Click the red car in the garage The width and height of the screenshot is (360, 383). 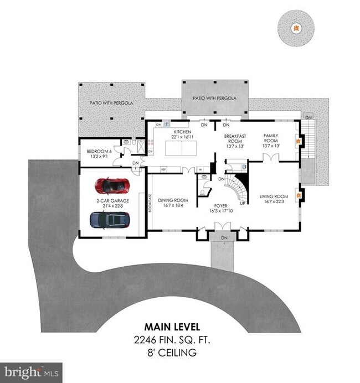click(x=112, y=185)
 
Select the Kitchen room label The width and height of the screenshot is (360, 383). click(x=182, y=132)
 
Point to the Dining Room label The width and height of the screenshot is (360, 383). click(x=173, y=200)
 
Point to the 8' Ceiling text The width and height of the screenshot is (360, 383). click(x=179, y=351)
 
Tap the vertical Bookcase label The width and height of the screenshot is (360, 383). click(x=150, y=203)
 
